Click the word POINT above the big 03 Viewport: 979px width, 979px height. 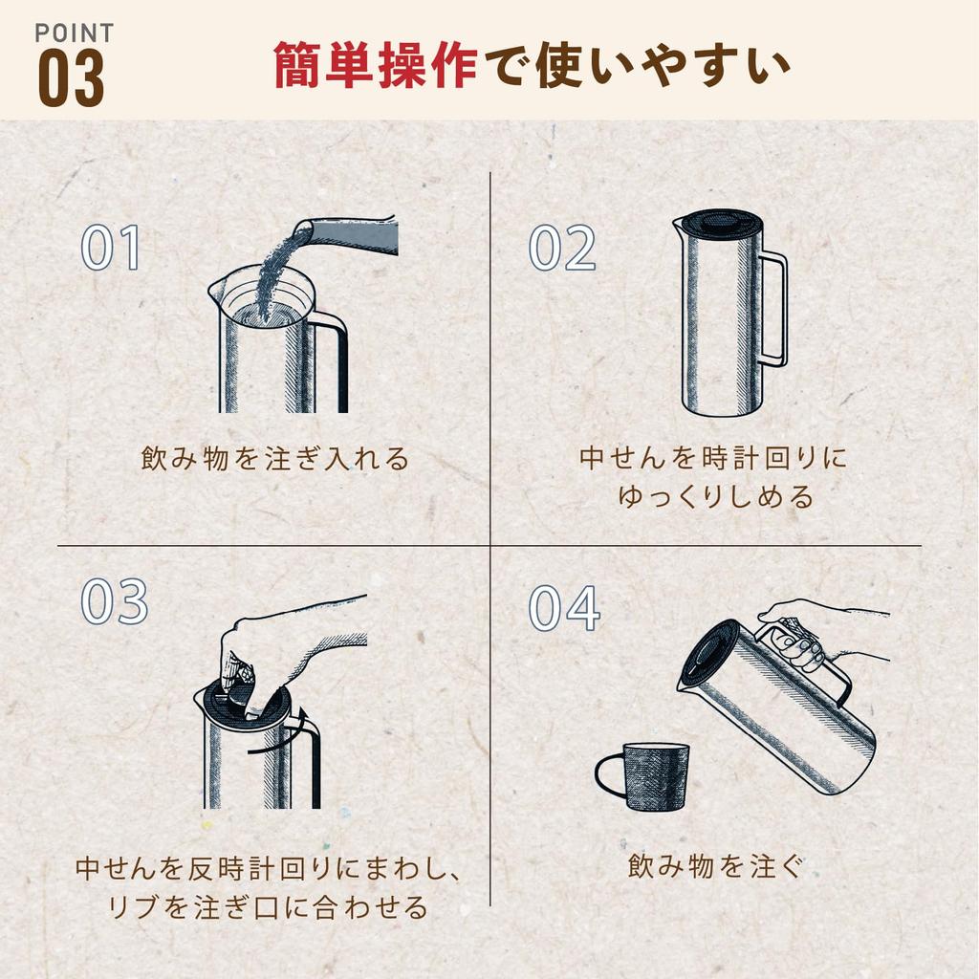click(x=75, y=33)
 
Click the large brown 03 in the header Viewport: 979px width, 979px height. click(x=71, y=78)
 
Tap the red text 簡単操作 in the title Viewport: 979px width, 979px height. click(x=375, y=65)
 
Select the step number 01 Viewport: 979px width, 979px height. click(x=111, y=248)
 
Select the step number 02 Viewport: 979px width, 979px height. click(x=562, y=248)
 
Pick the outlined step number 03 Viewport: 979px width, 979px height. click(x=115, y=601)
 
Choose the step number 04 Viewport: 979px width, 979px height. click(x=564, y=608)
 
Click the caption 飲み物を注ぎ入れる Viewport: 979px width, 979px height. click(x=274, y=459)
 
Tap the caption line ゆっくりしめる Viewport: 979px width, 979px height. click(x=716, y=497)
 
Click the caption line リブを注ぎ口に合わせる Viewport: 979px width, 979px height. click(x=269, y=907)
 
